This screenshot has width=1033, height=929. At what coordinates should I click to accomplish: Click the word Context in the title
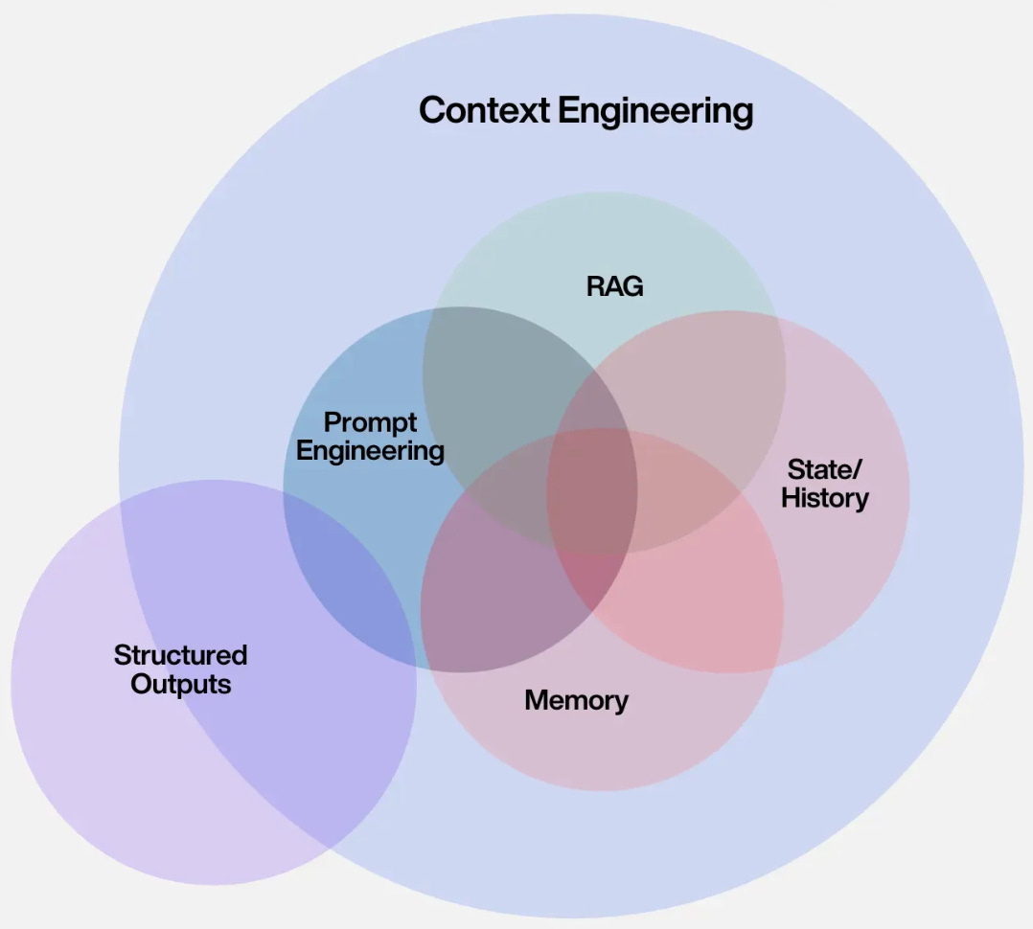[484, 111]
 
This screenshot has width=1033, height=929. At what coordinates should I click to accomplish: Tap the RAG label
[614, 286]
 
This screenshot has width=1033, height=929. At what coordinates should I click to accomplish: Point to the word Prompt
[370, 423]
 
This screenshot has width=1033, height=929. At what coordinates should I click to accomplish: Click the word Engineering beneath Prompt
[370, 451]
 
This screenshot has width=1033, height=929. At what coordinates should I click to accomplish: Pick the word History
[825, 498]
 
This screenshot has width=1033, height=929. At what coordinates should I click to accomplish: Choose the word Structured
[180, 655]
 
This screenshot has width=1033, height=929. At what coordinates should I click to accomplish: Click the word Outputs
[181, 685]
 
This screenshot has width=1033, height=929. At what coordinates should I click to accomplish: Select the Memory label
[576, 700]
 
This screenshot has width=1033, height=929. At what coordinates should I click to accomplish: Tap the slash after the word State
[858, 469]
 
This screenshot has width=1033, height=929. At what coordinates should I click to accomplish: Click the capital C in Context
[432, 111]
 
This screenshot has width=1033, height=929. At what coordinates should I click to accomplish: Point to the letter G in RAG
[631, 286]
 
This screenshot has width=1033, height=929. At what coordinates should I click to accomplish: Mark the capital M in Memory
[537, 700]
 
